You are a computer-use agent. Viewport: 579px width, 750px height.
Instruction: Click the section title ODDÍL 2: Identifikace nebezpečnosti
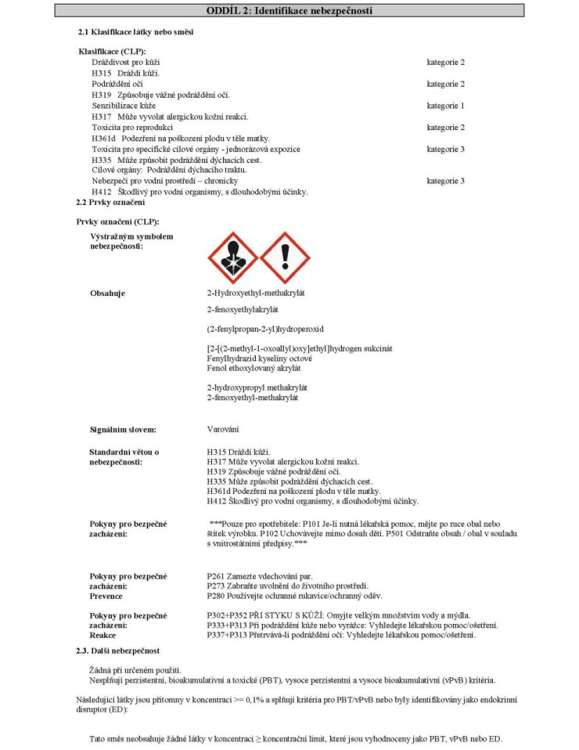(x=289, y=10)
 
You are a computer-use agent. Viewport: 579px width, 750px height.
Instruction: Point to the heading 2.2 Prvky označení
(x=101, y=203)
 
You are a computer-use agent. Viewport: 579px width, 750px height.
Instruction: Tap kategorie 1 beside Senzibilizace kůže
(x=445, y=105)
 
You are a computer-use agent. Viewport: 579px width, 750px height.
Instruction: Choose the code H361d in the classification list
(x=103, y=138)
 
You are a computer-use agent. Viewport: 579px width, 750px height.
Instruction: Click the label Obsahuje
(x=108, y=293)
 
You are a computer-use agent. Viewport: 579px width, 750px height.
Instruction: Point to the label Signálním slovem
(x=123, y=430)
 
